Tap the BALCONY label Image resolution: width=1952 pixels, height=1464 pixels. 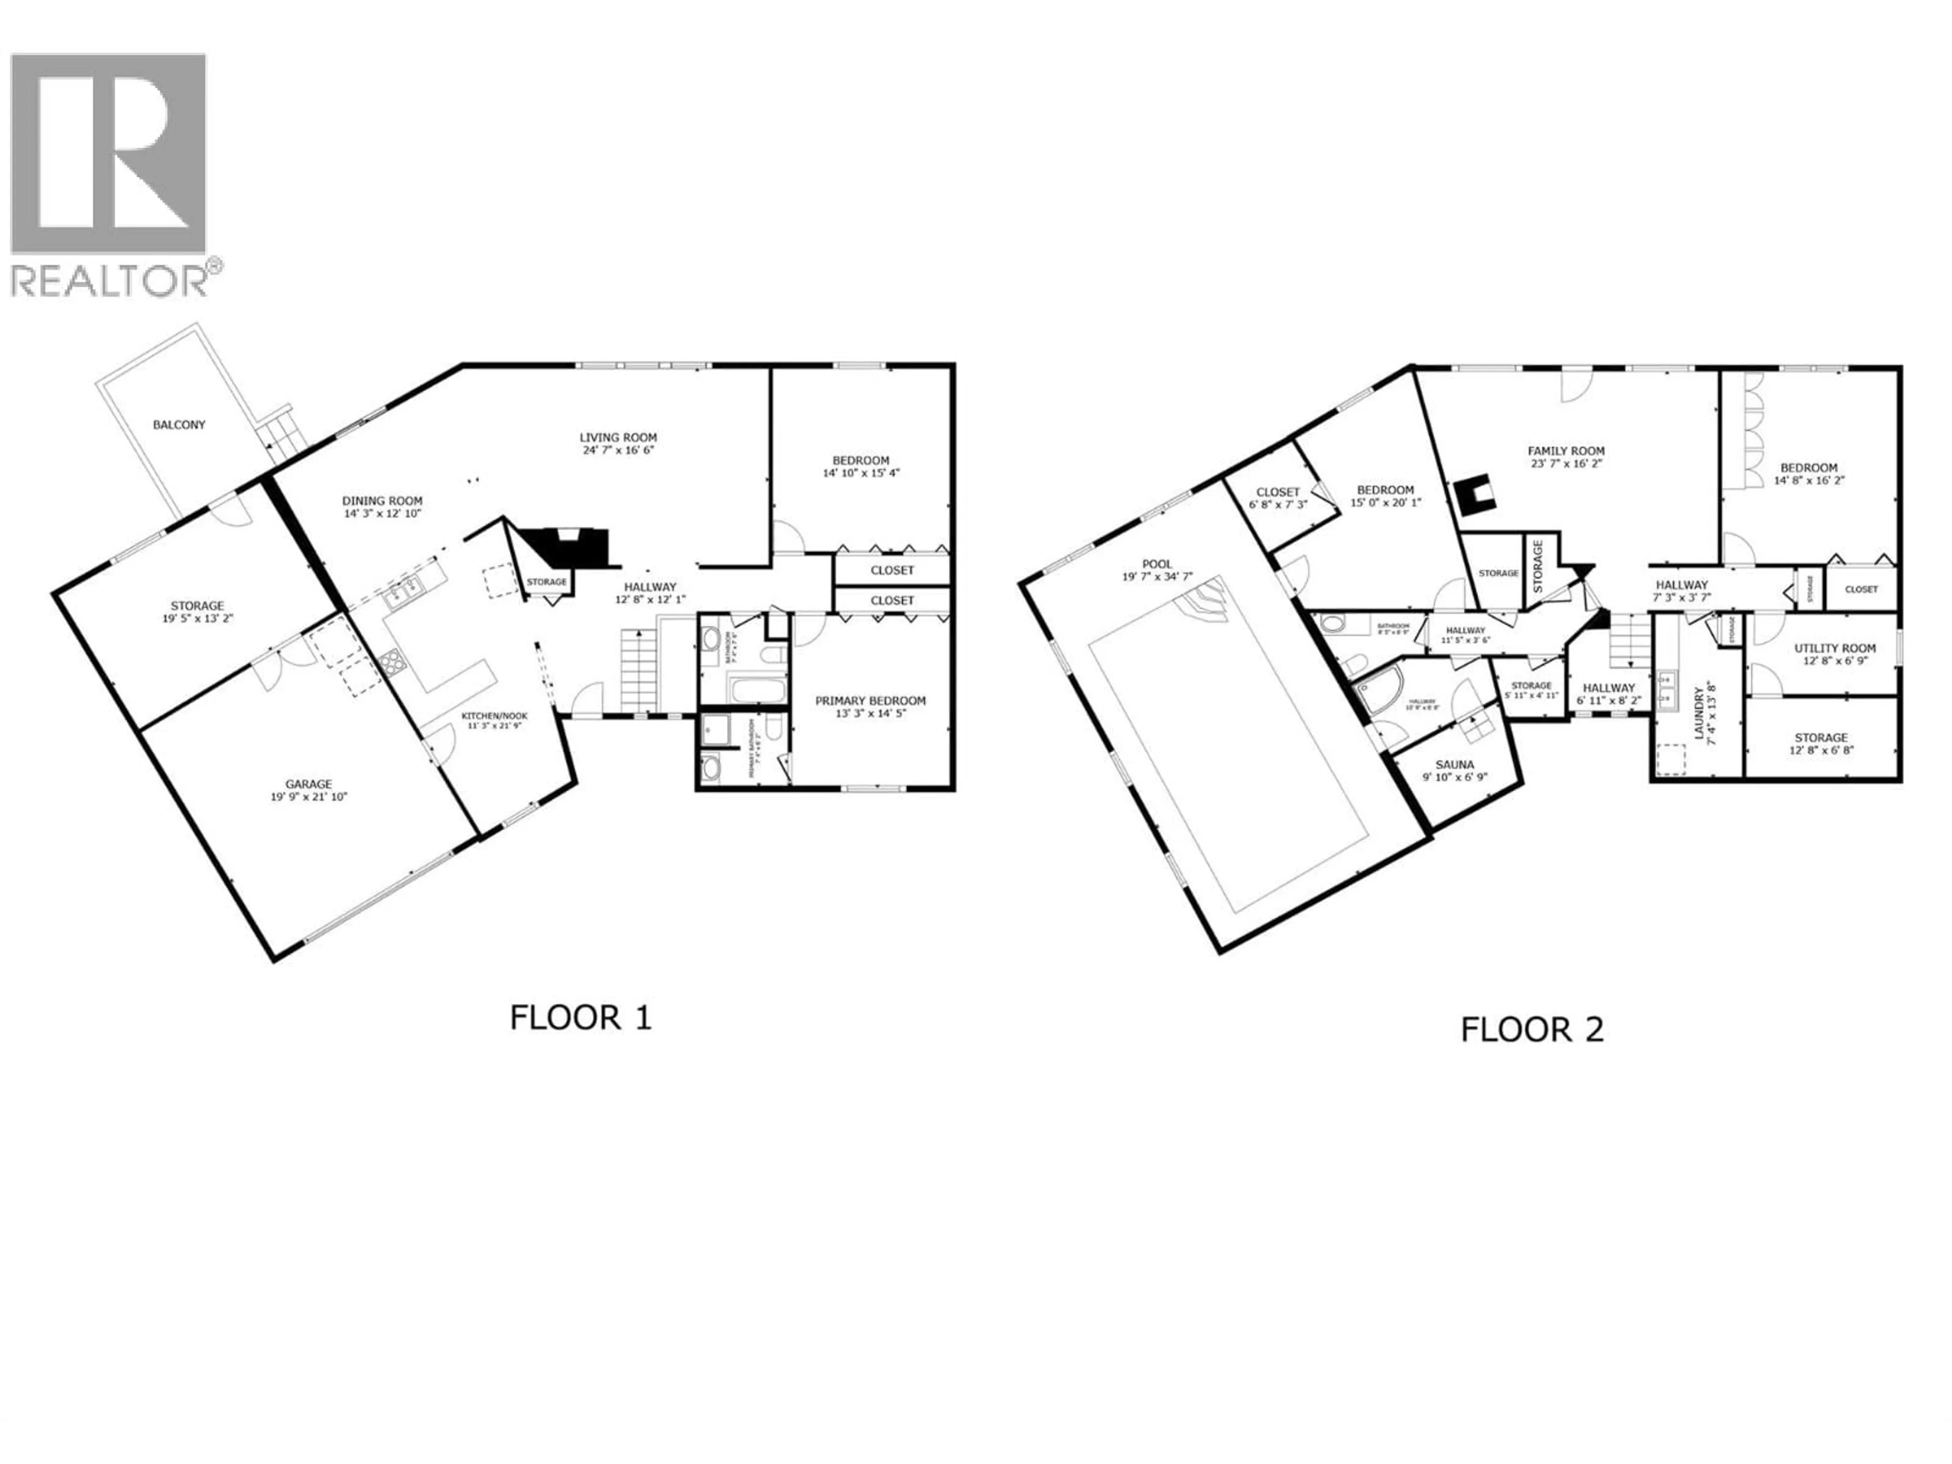click(179, 424)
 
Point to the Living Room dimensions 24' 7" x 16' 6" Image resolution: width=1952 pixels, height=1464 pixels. click(618, 450)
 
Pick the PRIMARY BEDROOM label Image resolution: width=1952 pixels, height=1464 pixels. click(870, 700)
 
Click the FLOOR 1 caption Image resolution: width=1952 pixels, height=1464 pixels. click(580, 1018)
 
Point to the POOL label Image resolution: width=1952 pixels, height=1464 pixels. click(1157, 564)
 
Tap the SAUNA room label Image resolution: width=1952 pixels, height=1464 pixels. click(1454, 765)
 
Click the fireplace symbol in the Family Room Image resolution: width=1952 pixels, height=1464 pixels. click(1475, 495)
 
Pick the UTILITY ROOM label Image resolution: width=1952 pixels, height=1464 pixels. click(1835, 648)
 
